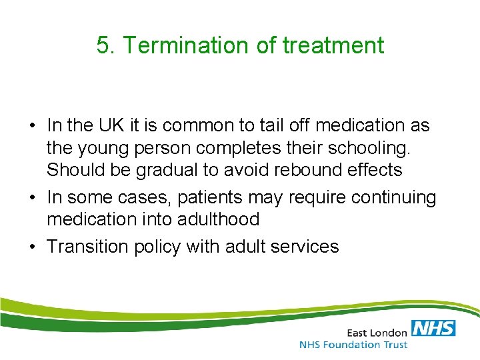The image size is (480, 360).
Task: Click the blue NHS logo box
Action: point(434,328)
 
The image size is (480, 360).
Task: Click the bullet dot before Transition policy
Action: point(31,247)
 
